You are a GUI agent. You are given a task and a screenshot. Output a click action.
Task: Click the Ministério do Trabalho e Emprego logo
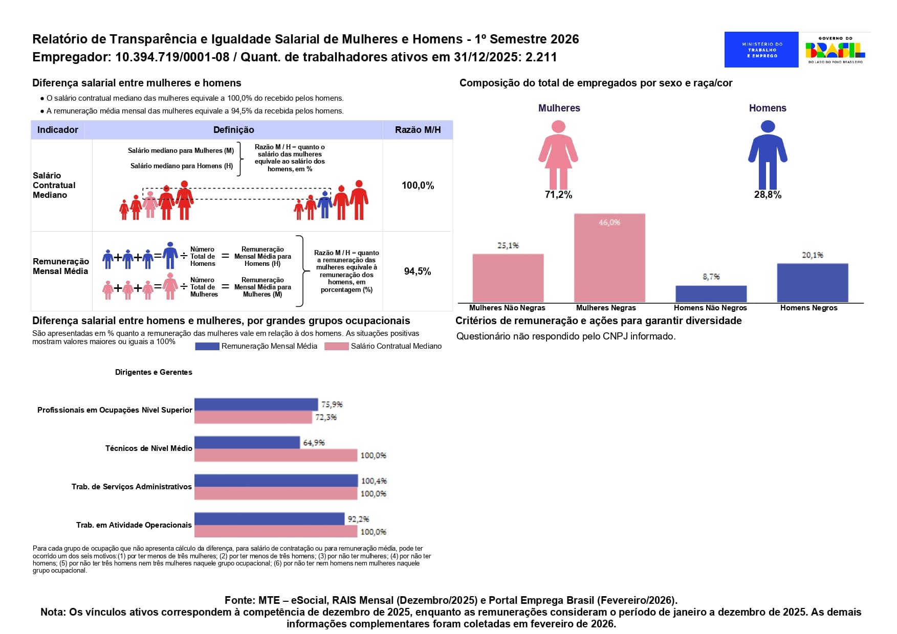point(761,50)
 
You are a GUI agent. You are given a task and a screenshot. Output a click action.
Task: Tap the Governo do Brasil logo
point(835,50)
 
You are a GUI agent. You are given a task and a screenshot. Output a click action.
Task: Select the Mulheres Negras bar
point(609,258)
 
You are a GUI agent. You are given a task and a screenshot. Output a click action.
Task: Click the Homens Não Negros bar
point(711,294)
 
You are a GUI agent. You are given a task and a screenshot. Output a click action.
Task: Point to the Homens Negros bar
point(813,283)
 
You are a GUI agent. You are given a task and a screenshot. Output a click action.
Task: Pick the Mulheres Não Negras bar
point(508,278)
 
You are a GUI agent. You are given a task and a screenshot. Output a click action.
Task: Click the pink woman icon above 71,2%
point(558,155)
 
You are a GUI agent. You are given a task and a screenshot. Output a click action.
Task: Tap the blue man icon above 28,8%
point(768,155)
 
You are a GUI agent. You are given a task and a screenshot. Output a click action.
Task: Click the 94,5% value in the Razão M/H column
point(418,271)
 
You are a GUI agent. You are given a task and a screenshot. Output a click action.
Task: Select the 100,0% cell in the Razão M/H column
point(418,186)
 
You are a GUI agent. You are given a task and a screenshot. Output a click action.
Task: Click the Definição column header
point(234,130)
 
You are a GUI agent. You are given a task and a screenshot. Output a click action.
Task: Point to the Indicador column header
point(58,130)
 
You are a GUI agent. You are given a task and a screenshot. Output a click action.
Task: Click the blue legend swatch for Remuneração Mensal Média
point(207,346)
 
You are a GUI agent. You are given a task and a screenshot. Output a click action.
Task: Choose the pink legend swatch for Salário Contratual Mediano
point(337,346)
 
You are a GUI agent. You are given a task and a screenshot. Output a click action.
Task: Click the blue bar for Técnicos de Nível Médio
point(247,442)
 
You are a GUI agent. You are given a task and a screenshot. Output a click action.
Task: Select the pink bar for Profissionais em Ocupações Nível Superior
point(253,417)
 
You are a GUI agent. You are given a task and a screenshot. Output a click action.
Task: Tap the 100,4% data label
point(374,481)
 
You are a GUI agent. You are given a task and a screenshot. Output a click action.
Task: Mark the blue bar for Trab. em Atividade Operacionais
point(269,519)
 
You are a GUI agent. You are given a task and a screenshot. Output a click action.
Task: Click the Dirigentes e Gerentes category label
point(154,372)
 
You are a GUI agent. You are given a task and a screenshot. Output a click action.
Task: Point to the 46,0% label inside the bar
point(609,222)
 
